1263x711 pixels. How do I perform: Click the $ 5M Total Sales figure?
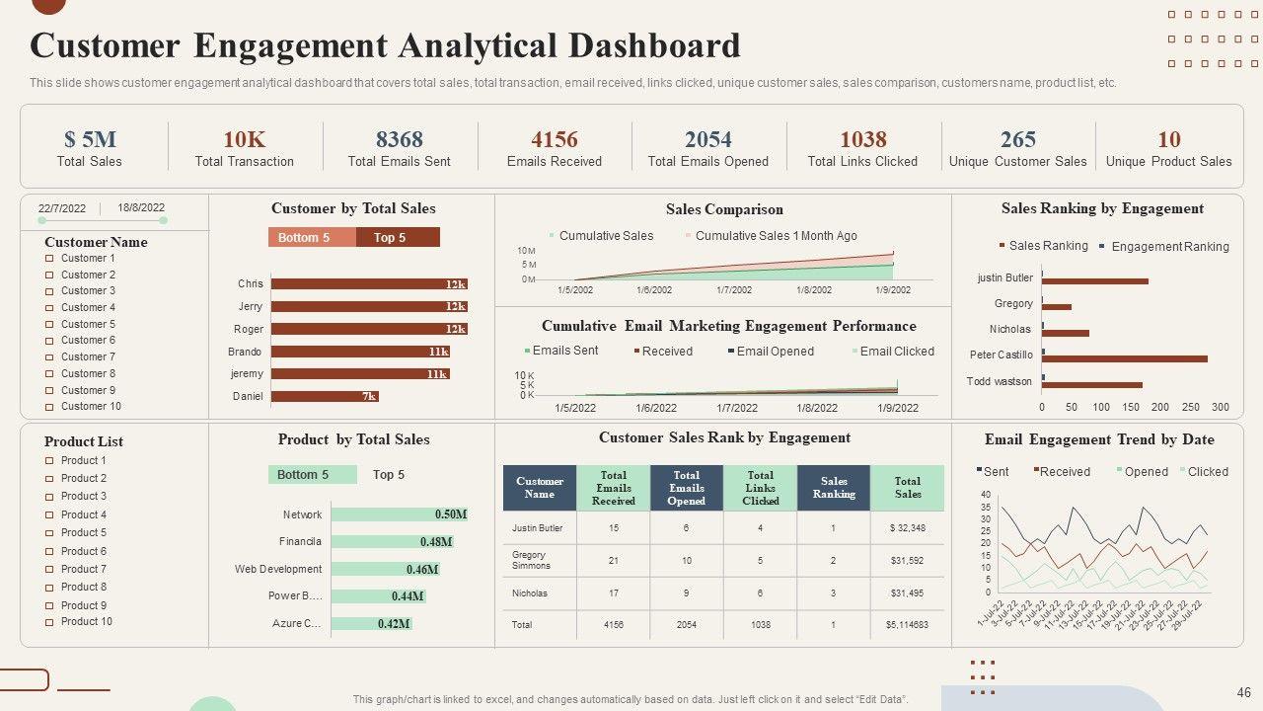[x=90, y=139]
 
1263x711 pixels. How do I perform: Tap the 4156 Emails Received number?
[x=554, y=139]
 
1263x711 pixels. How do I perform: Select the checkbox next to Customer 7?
[x=49, y=357]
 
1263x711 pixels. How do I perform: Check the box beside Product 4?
[x=49, y=515]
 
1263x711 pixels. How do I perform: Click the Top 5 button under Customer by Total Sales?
[x=397, y=237]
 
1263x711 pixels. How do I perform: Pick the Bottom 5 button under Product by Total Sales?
[x=312, y=475]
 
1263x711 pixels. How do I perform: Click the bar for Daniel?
[x=325, y=396]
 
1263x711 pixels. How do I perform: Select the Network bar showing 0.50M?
[x=400, y=514]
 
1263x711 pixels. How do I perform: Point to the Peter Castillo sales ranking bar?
[x=1126, y=358]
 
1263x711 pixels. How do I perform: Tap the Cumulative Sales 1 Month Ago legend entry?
[x=776, y=236]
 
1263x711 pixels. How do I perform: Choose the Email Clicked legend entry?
[x=896, y=352]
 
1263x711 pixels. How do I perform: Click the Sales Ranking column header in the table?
[x=834, y=488]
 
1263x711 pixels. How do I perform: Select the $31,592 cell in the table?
[x=907, y=561]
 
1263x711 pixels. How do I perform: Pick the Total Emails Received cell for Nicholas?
[x=613, y=593]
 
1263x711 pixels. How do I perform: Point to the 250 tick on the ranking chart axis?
[x=1191, y=407]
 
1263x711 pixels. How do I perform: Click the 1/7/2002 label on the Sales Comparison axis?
[x=733, y=290]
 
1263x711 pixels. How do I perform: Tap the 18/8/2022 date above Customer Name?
[x=141, y=208]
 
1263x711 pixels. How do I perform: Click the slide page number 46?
[x=1243, y=693]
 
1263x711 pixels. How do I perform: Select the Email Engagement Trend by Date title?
[x=1099, y=439]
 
